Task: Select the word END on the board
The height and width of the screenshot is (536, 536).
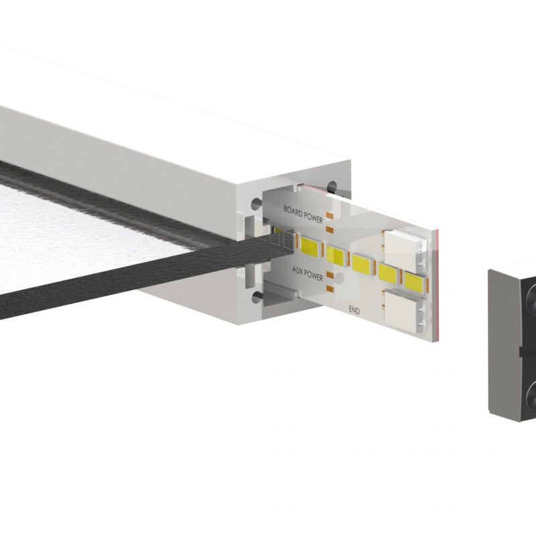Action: [355, 310]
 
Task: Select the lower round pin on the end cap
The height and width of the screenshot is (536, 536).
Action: [529, 396]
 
